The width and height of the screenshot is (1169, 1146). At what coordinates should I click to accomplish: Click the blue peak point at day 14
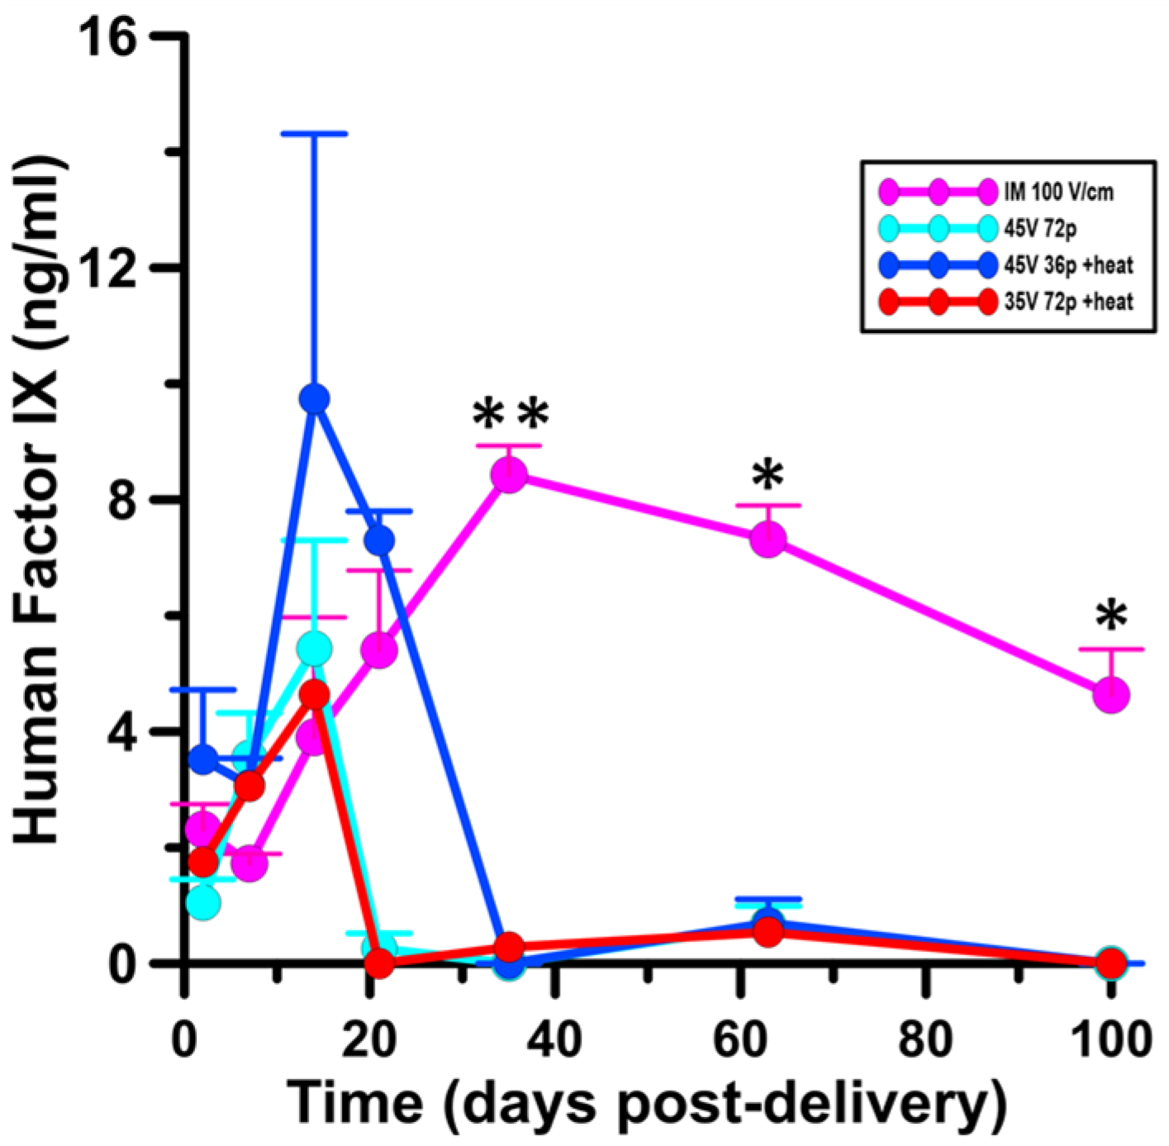(x=314, y=399)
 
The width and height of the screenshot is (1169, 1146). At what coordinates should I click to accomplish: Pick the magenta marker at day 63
(x=768, y=540)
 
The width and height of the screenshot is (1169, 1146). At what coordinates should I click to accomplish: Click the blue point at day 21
(x=379, y=540)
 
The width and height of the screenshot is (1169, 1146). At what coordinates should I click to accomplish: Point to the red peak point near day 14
(x=314, y=696)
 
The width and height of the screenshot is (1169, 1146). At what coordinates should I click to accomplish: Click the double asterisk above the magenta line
(x=511, y=415)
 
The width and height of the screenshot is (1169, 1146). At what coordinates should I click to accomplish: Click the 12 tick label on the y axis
(x=116, y=268)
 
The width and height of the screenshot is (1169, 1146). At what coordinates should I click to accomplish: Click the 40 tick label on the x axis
(x=554, y=1039)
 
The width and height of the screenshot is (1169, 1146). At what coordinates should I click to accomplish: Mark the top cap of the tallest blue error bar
(x=314, y=133)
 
